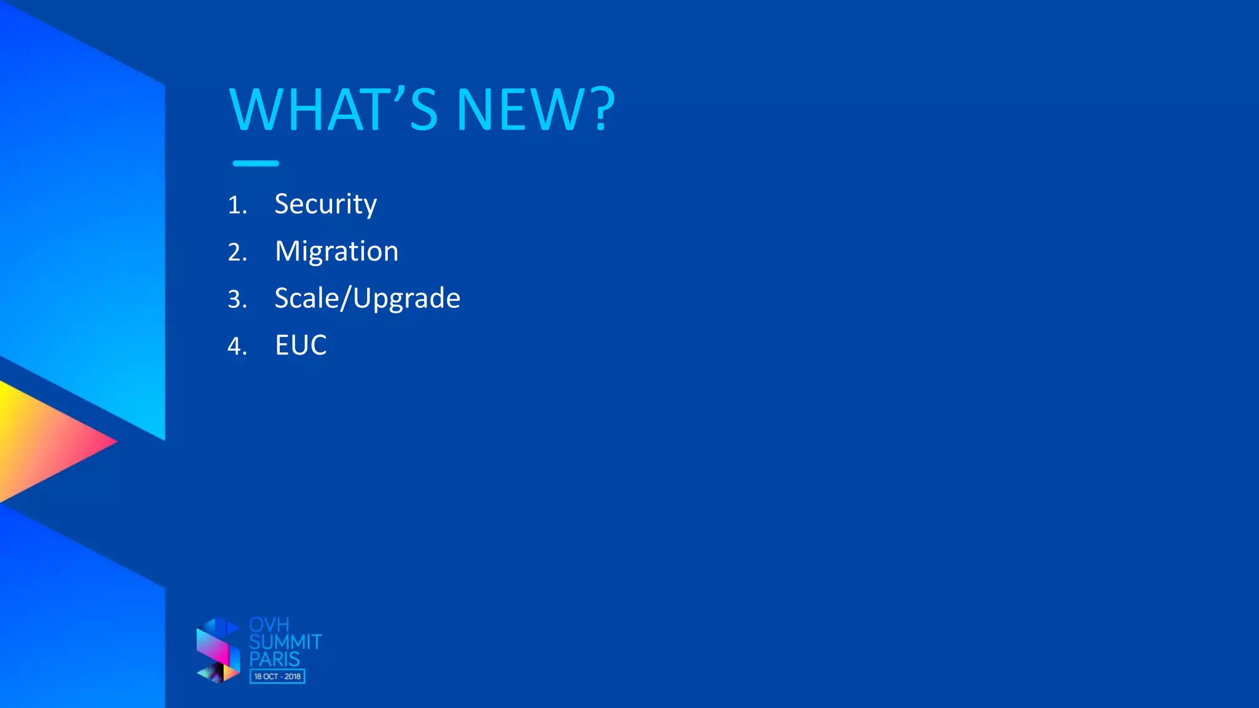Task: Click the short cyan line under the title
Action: pyautogui.click(x=256, y=163)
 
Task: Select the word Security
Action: pyautogui.click(x=325, y=204)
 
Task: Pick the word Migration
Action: pyautogui.click(x=336, y=251)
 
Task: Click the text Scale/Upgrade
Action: pyautogui.click(x=367, y=299)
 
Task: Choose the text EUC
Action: pyautogui.click(x=301, y=345)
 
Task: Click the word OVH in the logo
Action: pyautogui.click(x=269, y=625)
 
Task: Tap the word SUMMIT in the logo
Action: pyautogui.click(x=285, y=642)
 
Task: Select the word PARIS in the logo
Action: pyautogui.click(x=274, y=659)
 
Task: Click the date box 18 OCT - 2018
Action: pyautogui.click(x=277, y=677)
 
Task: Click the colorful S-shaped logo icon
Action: pyautogui.click(x=218, y=651)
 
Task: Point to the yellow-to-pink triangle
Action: pyautogui.click(x=43, y=441)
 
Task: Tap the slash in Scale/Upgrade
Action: pyautogui.click(x=346, y=299)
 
